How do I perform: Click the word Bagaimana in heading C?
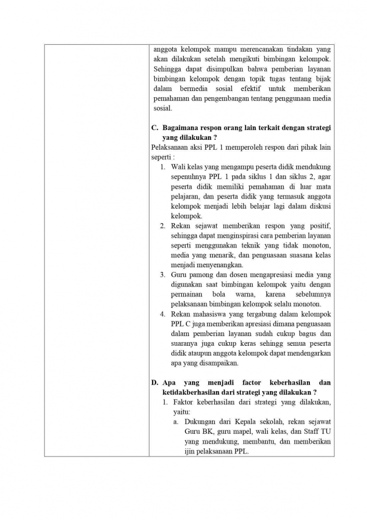tap(181, 128)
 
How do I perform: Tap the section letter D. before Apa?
tap(155, 382)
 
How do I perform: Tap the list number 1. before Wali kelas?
tap(162, 167)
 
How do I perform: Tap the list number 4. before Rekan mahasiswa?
tap(162, 314)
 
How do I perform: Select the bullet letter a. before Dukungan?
tap(176, 422)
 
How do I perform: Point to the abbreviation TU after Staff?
tap(326, 432)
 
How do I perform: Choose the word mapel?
tap(242, 432)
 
